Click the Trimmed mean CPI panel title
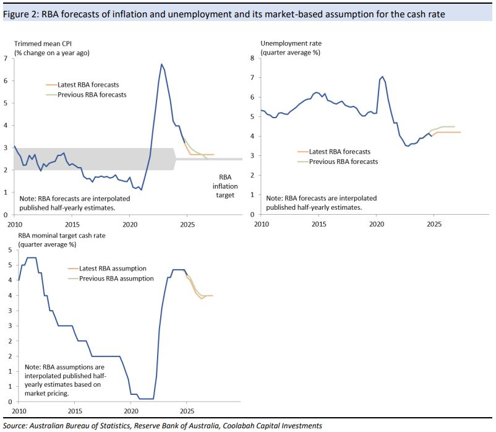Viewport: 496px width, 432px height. pyautogui.click(x=42, y=44)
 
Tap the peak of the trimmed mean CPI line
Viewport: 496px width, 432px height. pyautogui.click(x=161, y=64)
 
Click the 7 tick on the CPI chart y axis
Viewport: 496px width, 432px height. pyautogui.click(x=6, y=58)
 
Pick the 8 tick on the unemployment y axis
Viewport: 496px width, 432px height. pyautogui.click(x=252, y=58)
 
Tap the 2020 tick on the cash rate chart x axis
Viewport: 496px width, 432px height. pyautogui.click(x=131, y=410)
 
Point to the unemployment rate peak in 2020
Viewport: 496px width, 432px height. pyautogui.click(x=382, y=77)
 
